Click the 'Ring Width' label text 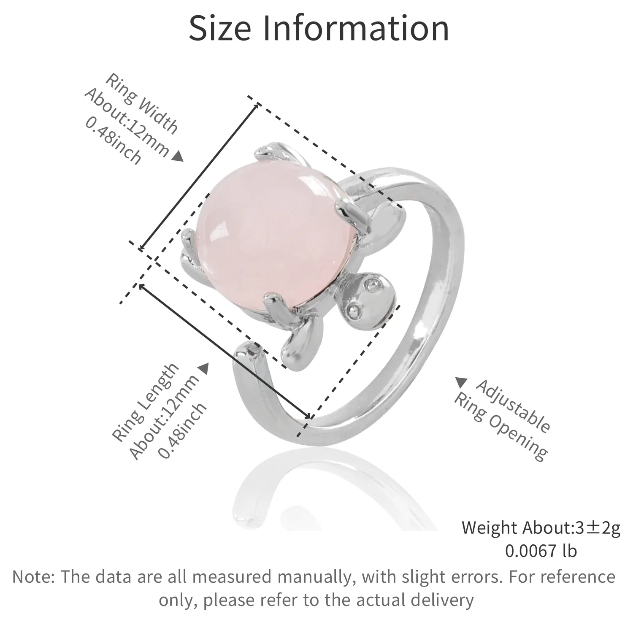[x=141, y=103]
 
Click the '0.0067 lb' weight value [x=541, y=551]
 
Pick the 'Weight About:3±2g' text [x=541, y=527]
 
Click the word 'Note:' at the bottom [x=34, y=576]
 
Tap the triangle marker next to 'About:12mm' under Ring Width [x=179, y=157]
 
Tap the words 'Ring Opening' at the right [x=500, y=426]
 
